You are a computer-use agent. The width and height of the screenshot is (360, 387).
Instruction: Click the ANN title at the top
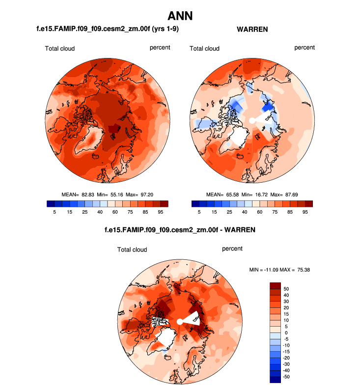(x=180, y=16)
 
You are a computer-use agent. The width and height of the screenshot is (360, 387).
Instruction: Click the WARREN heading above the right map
(x=252, y=29)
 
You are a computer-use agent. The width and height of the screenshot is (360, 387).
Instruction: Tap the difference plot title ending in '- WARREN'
(x=180, y=229)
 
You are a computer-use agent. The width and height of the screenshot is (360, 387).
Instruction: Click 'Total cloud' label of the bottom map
(x=132, y=249)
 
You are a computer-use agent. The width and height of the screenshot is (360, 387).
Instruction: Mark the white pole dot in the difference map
(x=180, y=321)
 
